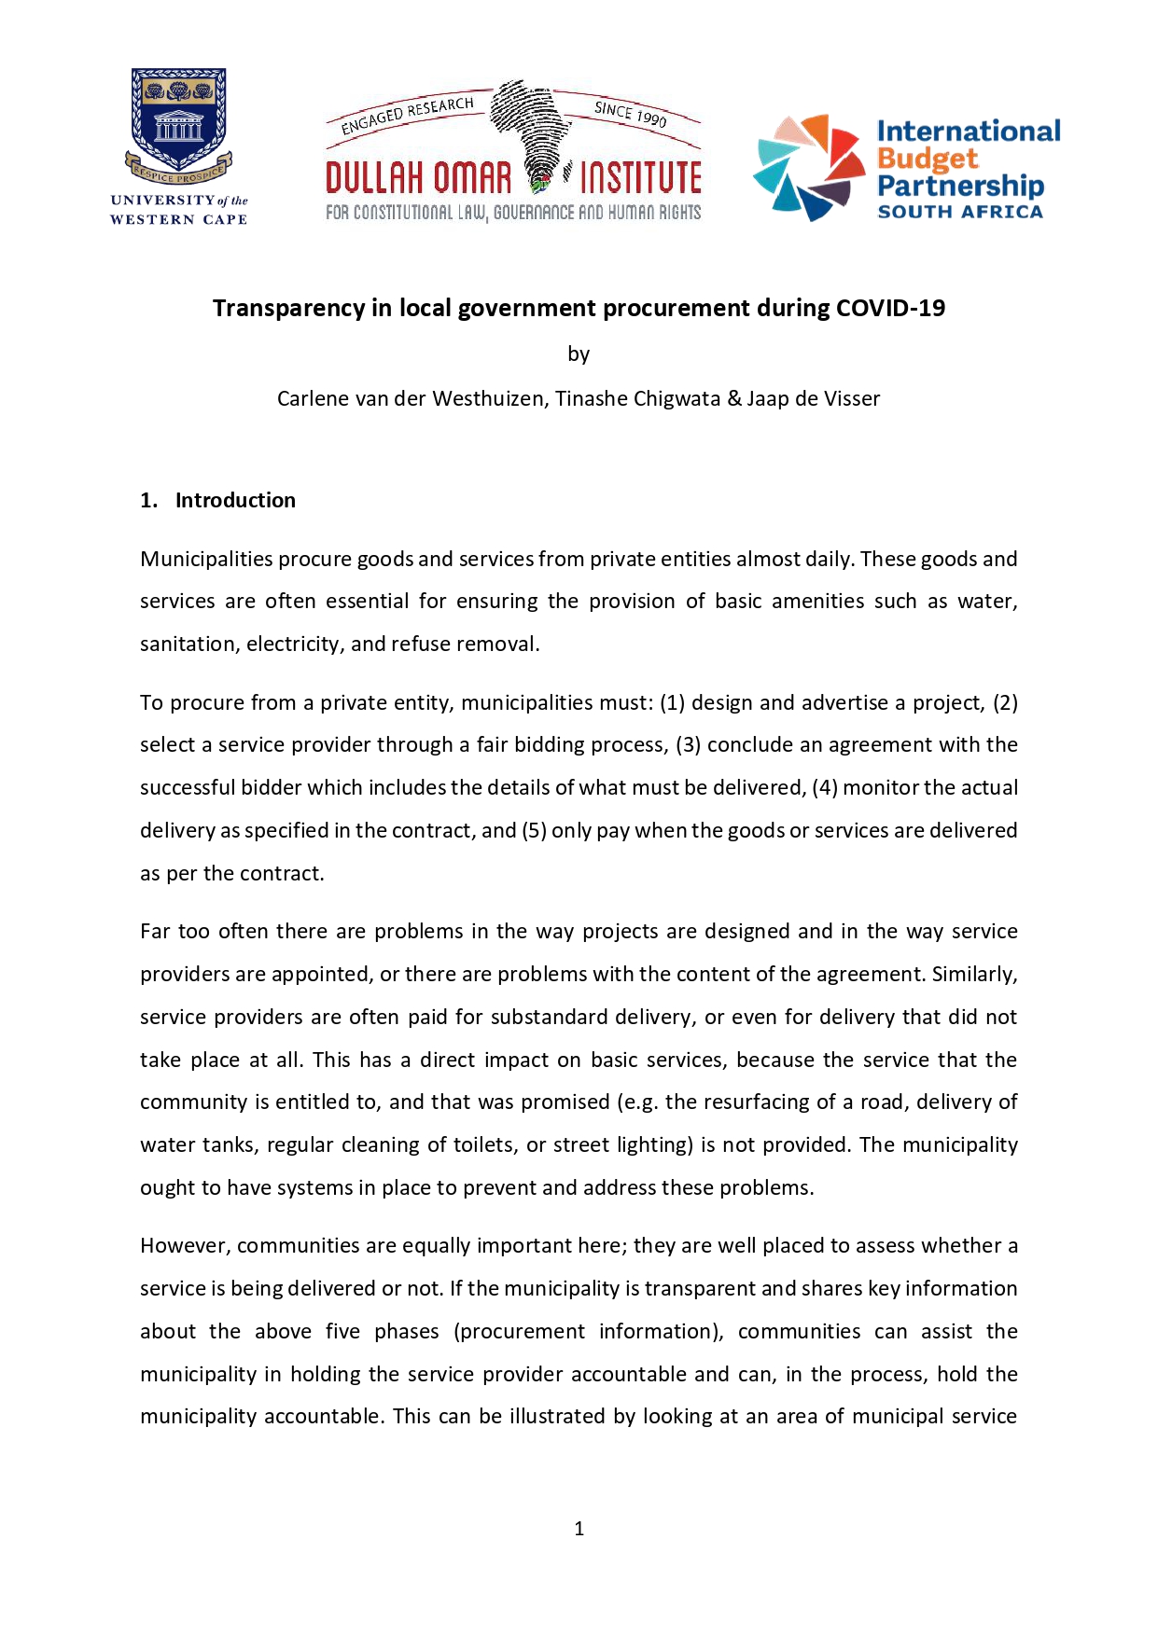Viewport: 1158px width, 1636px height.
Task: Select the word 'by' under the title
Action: point(579,354)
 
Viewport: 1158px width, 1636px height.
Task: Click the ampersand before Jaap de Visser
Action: point(734,398)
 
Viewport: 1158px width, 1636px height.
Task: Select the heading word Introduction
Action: point(235,500)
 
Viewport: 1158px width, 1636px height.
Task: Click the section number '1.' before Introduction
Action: point(149,500)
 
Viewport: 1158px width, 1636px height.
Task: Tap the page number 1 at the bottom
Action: point(579,1528)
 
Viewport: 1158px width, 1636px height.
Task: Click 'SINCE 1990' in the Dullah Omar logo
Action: point(631,114)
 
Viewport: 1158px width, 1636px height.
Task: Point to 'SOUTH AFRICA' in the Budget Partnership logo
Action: point(960,212)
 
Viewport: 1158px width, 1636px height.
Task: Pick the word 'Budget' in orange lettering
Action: point(927,159)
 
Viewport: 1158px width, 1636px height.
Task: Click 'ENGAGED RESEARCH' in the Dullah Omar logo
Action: point(408,115)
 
